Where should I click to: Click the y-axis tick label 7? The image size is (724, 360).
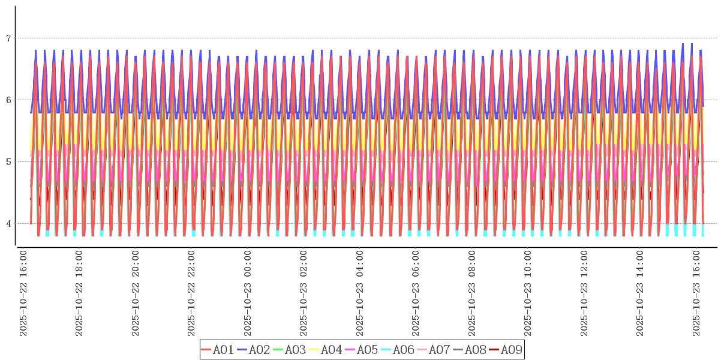(8, 38)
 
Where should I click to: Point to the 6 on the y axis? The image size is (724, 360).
(8, 100)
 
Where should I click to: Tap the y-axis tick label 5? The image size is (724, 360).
(8, 162)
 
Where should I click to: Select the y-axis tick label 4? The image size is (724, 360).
(8, 224)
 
